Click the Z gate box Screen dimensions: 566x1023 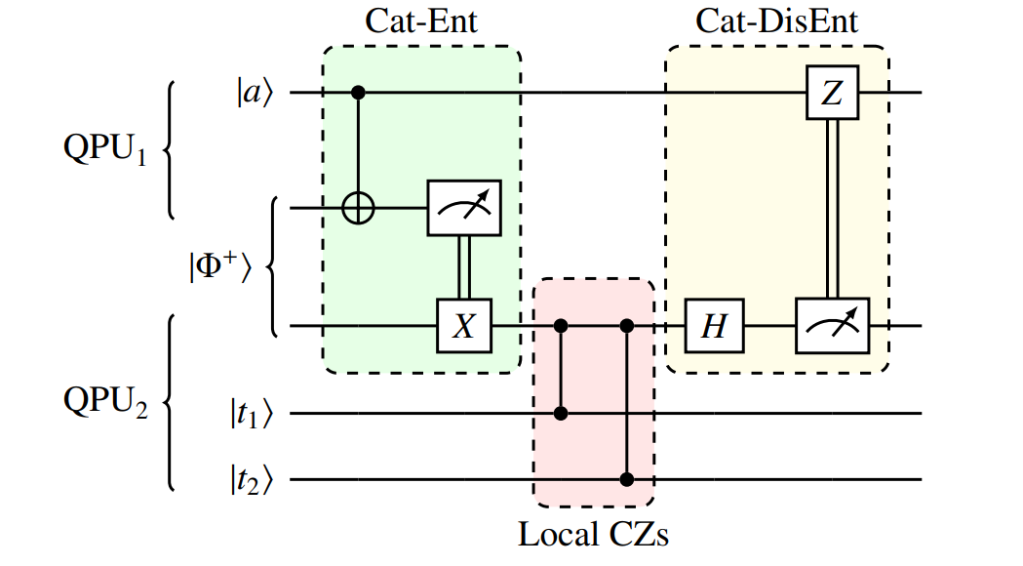click(x=831, y=93)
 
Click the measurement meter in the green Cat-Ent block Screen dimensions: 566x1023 click(x=465, y=208)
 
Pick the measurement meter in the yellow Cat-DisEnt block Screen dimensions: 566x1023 click(x=831, y=326)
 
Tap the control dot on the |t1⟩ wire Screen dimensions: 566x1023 click(x=561, y=413)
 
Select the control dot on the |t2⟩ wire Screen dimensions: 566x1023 click(x=627, y=479)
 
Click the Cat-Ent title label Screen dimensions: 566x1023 click(x=421, y=21)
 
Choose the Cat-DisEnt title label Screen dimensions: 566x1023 click(x=776, y=21)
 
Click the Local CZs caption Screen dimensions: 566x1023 click(x=593, y=534)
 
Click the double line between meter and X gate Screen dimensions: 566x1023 click(x=465, y=266)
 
